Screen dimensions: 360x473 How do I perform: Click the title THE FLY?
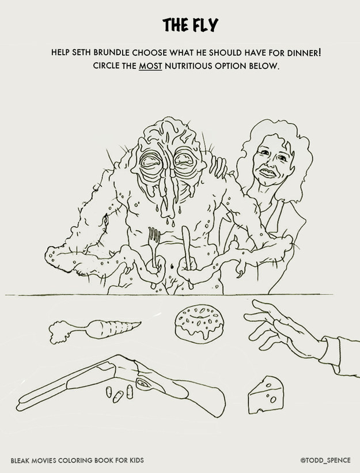tap(190, 25)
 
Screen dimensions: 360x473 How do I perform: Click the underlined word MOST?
tap(150, 66)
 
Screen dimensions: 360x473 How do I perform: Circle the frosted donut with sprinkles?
tap(199, 323)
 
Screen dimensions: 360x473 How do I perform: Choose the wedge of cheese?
tap(266, 395)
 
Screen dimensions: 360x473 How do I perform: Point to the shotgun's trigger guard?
tap(144, 383)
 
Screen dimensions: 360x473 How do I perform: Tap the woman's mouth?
tap(268, 173)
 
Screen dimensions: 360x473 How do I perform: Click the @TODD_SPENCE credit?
tap(325, 460)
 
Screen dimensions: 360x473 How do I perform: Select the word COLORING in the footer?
tap(75, 460)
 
